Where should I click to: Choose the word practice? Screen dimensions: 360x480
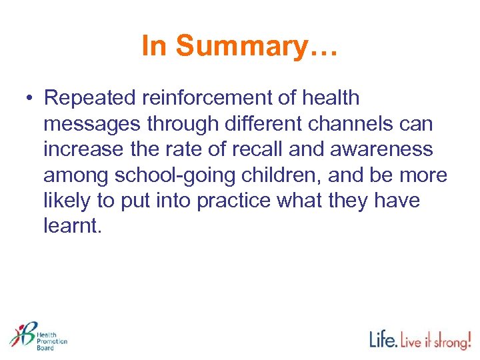click(x=243, y=201)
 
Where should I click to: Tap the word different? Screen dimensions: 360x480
click(x=255, y=123)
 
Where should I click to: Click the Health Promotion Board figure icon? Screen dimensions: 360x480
click(x=22, y=333)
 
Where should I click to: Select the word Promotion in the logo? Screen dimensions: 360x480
click(x=51, y=340)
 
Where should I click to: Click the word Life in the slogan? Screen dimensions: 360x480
click(x=383, y=339)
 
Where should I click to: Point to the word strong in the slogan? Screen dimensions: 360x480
click(x=452, y=341)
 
